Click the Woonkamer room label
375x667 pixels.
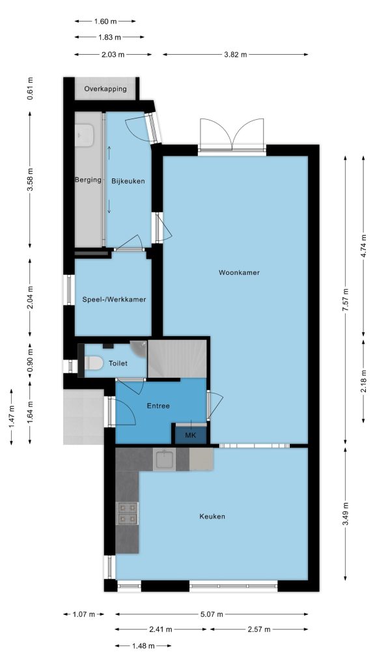pos(239,272)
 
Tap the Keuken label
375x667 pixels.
pos(212,517)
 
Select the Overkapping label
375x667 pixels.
pos(105,89)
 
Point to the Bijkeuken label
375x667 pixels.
pos(128,181)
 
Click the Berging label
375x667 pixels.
pos(88,180)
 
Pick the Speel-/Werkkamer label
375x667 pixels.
pos(114,300)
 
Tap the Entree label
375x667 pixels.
pos(158,406)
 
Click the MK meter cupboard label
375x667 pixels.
pos(191,435)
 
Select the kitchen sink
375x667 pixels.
pos(165,459)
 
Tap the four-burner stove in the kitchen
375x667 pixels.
pos(127,513)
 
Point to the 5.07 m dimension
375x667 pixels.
pos(212,614)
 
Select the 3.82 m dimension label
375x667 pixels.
pos(235,55)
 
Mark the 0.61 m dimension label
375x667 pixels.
pos(30,89)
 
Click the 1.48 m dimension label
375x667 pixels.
pos(143,646)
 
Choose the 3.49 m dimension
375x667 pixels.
pos(345,514)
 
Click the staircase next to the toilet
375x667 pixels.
pos(177,358)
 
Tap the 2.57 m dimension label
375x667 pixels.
pos(258,630)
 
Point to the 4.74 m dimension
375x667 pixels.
pos(363,246)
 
